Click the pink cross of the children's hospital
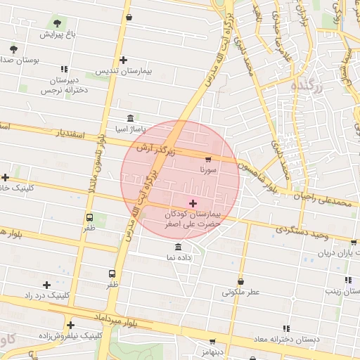click(x=193, y=203)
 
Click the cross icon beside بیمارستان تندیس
click(x=124, y=60)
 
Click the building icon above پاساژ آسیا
click(x=130, y=119)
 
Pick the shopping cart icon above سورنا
click(x=207, y=160)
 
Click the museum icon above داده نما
click(x=177, y=247)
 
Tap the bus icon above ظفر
click(x=89, y=217)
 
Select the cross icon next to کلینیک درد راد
click(x=47, y=285)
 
